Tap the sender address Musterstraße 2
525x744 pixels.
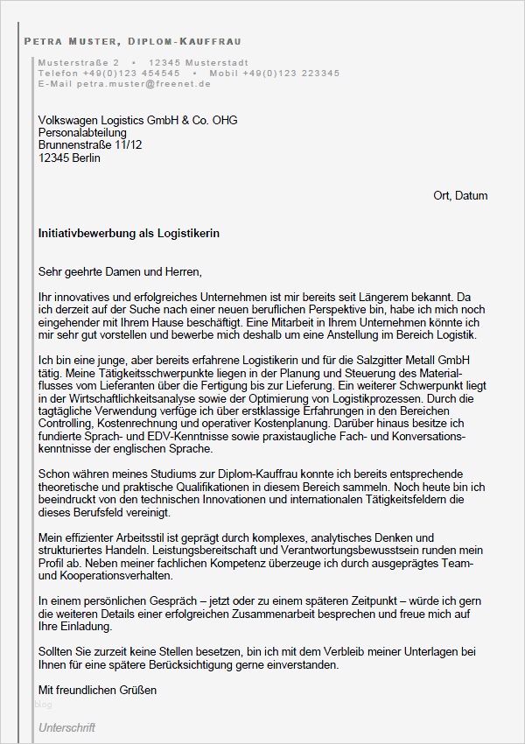pos(79,63)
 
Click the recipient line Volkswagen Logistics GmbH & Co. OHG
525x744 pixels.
pos(137,121)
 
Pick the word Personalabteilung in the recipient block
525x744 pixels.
pos(82,133)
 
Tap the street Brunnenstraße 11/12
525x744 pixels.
pos(90,145)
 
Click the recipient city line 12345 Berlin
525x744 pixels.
pos(69,158)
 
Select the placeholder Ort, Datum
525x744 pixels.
pos(460,195)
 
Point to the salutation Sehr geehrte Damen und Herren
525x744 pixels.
pos(120,272)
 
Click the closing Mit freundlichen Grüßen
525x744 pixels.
pos(97,690)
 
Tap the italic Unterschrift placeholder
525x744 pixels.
pos(66,727)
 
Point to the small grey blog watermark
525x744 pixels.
pos(44,703)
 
